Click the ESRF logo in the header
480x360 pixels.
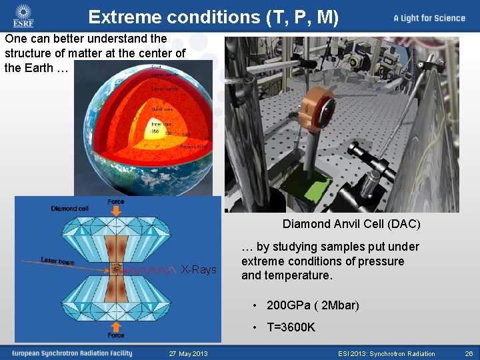23,18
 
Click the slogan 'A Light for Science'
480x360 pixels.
429,18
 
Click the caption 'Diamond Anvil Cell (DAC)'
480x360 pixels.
351,224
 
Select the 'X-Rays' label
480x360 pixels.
199,269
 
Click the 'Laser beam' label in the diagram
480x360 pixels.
57,261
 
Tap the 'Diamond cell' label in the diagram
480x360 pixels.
70,209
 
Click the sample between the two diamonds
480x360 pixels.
116,269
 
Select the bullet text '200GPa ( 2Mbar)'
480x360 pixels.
313,305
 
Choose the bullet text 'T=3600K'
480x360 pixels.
291,327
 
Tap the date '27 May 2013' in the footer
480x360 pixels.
188,353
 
